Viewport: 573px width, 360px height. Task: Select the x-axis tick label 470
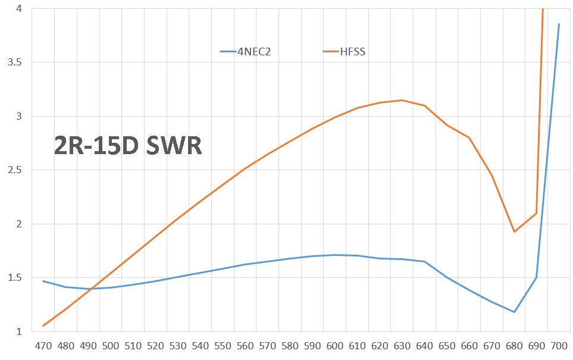point(43,346)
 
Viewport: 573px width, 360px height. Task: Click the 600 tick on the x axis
point(335,346)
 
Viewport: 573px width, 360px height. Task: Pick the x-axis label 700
point(559,346)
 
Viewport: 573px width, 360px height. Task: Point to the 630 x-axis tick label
point(402,346)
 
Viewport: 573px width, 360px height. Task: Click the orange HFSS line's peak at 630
point(402,100)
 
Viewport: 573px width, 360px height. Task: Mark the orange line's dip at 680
point(514,231)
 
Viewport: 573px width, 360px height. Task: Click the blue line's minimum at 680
point(514,312)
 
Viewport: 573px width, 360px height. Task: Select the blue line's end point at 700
point(559,24)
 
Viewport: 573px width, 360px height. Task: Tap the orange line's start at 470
point(43,325)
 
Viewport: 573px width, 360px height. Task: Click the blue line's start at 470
point(43,281)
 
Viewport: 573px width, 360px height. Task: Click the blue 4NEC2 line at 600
point(335,255)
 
